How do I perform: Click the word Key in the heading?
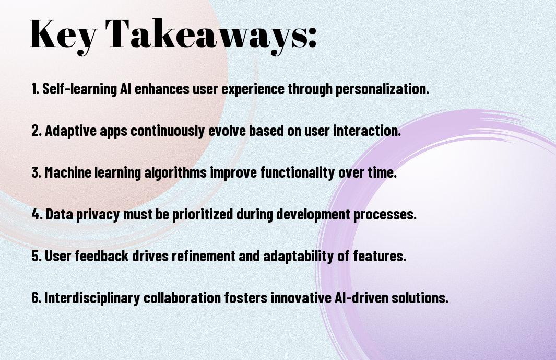tap(63, 36)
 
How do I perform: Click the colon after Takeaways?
tap(312, 37)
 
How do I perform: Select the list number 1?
tap(35, 89)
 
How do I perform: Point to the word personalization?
tap(382, 89)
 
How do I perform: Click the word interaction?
tap(367, 131)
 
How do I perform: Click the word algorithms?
tap(175, 173)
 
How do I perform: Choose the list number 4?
tap(37, 214)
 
